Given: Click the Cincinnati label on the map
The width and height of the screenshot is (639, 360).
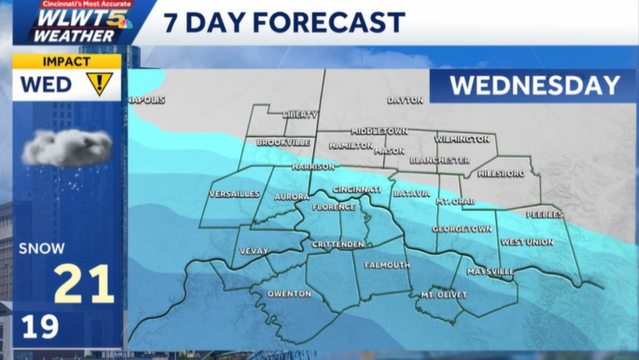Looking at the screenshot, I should [356, 190].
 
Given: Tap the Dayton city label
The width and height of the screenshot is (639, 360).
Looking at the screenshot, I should [405, 100].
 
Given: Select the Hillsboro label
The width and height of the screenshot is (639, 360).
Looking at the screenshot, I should [501, 174].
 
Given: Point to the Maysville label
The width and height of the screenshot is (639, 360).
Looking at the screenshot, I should [490, 272].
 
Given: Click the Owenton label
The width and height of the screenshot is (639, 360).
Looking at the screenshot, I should [289, 294].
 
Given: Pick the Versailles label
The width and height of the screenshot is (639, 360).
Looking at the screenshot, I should [234, 194].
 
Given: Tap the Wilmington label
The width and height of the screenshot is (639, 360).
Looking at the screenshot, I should [462, 140].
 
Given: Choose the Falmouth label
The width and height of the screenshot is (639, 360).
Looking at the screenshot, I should [387, 265].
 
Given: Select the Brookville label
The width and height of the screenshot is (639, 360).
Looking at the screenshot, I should [276, 143].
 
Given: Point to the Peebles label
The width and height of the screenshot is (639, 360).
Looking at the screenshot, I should [544, 215].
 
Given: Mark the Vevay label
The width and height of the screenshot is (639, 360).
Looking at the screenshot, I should [254, 251].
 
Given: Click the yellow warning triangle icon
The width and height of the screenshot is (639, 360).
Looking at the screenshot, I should [99, 84].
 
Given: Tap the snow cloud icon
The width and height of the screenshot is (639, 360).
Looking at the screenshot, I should [67, 150].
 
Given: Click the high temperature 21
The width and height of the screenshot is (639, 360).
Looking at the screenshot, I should [84, 283].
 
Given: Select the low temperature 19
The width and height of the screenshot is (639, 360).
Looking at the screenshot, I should [40, 327].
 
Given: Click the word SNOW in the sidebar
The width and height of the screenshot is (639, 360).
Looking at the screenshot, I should [42, 248].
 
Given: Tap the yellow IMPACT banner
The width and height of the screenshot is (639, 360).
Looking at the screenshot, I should [67, 61].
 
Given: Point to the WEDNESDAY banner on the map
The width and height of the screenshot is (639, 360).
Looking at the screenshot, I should [535, 86].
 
